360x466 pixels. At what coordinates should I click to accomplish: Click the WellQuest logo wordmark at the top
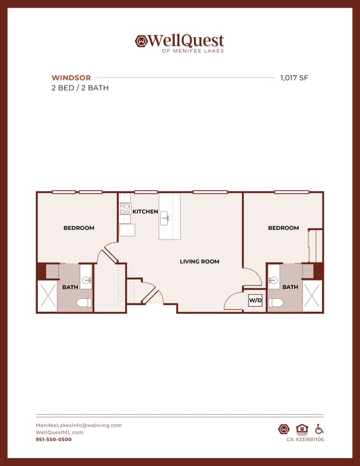179,43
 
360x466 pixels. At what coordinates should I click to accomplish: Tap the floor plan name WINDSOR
71,78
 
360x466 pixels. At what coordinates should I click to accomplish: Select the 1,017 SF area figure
294,78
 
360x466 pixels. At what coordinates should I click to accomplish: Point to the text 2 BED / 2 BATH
80,88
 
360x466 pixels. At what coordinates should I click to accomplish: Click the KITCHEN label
145,211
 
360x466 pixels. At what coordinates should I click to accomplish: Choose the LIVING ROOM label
199,262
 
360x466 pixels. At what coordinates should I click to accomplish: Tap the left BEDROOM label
79,228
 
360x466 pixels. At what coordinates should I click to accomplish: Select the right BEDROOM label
283,228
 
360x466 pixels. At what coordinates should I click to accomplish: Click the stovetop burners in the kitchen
125,209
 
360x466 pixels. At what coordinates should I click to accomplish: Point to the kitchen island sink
164,218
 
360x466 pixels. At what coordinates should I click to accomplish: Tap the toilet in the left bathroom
84,303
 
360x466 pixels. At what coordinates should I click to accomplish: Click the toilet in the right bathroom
276,303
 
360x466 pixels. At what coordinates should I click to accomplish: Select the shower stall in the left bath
48,296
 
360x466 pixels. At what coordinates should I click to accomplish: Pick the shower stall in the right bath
312,296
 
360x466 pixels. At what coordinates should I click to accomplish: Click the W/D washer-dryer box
255,300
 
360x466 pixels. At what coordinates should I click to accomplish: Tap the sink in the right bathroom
273,280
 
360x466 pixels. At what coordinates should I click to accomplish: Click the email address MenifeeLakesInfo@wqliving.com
79,425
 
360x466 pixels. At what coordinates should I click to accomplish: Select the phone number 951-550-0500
54,440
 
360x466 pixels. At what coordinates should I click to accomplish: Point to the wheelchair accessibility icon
319,429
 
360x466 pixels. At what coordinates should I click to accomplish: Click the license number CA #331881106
305,440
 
